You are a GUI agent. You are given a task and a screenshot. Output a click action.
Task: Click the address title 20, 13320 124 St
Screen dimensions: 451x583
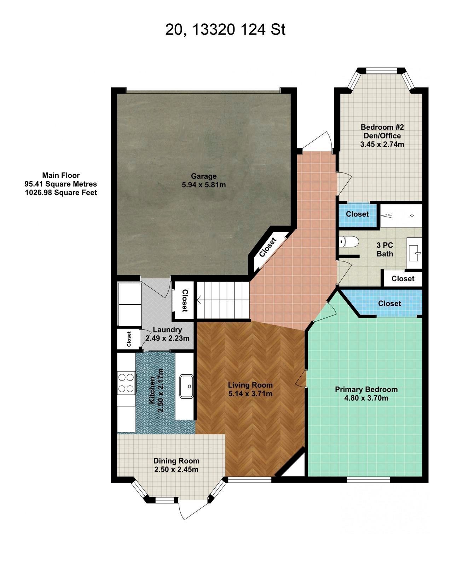(225, 30)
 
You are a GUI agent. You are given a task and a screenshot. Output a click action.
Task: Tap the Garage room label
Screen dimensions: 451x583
(204, 176)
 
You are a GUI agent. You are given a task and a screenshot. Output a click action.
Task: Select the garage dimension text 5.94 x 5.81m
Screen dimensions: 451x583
(204, 185)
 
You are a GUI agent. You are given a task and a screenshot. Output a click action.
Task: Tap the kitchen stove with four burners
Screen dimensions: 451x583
(126, 383)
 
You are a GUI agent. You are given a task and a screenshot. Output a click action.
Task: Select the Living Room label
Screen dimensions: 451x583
(250, 385)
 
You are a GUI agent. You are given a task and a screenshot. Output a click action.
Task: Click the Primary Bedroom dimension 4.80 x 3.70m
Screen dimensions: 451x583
(366, 398)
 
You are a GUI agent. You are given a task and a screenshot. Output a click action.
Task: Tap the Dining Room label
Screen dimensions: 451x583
(177, 461)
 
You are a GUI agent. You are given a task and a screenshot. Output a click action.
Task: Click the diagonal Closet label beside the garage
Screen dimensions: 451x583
(268, 247)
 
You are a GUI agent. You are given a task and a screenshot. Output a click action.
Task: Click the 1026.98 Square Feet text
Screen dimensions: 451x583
(61, 193)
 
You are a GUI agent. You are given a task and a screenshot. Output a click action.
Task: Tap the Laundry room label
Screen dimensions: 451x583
(167, 330)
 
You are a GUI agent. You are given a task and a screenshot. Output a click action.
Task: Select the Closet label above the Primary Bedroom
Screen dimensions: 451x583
(389, 304)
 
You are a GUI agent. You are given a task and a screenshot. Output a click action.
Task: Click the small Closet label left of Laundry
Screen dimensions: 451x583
(129, 339)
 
